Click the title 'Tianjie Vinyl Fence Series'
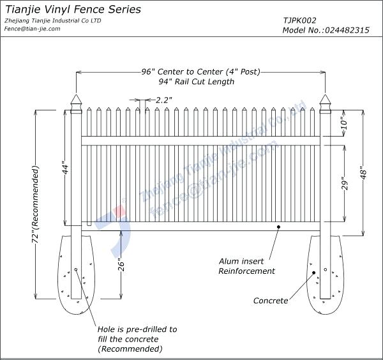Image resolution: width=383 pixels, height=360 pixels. click(x=73, y=10)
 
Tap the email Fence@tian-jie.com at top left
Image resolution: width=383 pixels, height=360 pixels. click(x=32, y=29)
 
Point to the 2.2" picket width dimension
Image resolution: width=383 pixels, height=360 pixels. click(x=164, y=100)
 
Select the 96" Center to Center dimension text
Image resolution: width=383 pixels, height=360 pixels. click(x=200, y=71)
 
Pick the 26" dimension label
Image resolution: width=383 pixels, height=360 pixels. click(x=120, y=264)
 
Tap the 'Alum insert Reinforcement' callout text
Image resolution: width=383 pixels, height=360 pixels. click(x=246, y=266)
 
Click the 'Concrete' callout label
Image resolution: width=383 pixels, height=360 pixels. click(x=270, y=300)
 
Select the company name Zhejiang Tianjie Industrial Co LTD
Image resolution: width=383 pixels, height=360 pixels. click(x=52, y=20)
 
